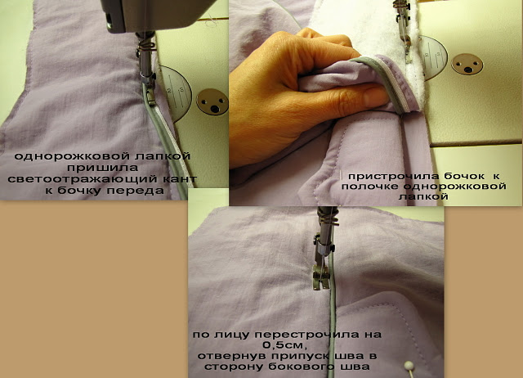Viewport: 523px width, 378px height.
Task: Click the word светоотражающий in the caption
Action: coord(82,179)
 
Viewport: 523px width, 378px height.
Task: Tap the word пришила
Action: coord(103,167)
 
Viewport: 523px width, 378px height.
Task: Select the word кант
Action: coord(179,179)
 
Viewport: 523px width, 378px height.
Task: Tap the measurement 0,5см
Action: coord(284,344)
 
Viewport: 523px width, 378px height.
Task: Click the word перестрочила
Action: coord(307,335)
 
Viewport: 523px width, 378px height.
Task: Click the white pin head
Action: coord(408,365)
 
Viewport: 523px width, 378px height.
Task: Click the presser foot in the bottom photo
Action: coord(320,277)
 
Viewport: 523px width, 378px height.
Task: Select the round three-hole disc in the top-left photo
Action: coord(212,102)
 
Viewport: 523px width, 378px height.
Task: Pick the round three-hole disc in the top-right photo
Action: coord(467,64)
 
